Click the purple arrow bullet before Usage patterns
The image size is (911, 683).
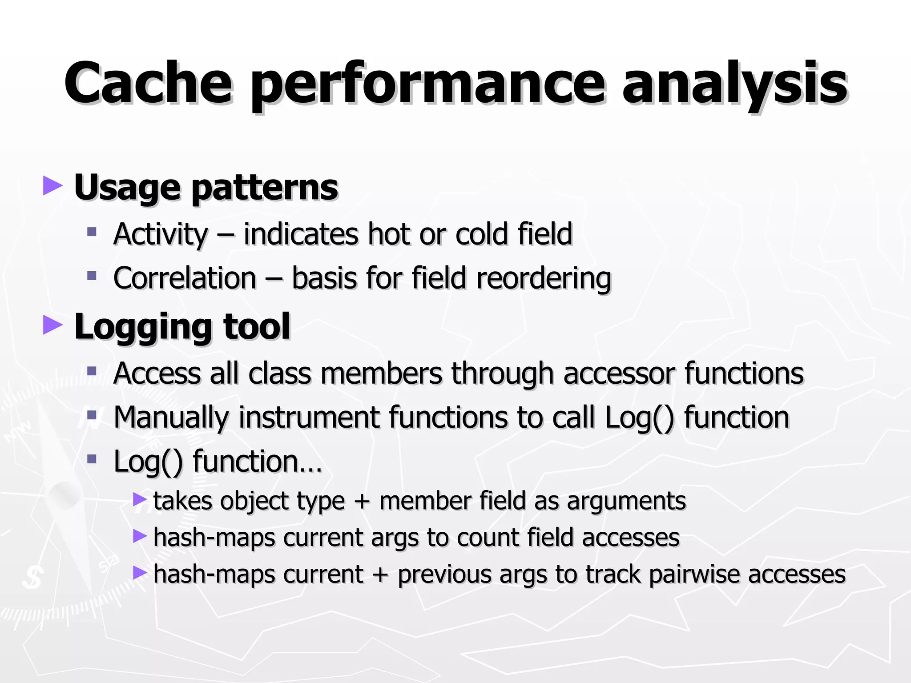coord(52,186)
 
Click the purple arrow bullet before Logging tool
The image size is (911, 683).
coord(52,325)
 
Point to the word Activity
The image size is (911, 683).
coord(161,234)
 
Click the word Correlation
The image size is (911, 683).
coord(185,278)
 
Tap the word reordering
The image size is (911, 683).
coord(544,279)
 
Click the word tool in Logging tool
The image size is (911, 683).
coord(257,326)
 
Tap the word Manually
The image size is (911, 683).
coord(171,418)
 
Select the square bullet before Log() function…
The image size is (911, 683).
coord(92,458)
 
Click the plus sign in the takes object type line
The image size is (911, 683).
coord(362,501)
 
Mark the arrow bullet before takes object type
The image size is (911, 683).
coord(140,499)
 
